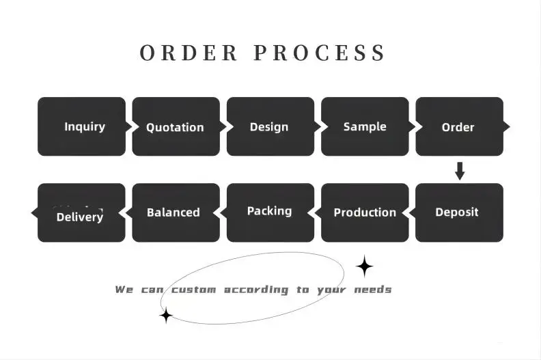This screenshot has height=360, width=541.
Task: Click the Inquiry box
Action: click(x=81, y=126)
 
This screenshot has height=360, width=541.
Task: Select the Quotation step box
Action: click(x=176, y=126)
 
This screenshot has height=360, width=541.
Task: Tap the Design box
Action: click(x=270, y=126)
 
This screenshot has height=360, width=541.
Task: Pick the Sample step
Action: click(x=365, y=126)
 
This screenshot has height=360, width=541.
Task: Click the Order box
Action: click(x=458, y=126)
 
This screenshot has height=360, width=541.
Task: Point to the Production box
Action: click(x=365, y=212)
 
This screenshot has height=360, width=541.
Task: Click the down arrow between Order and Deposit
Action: click(x=460, y=171)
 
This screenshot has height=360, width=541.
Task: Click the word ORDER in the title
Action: click(x=189, y=53)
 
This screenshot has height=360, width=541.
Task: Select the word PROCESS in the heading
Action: click(x=320, y=53)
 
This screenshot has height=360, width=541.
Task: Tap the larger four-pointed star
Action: click(x=365, y=266)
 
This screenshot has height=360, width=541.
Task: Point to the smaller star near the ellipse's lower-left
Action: click(x=165, y=316)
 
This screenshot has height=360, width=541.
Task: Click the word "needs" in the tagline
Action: click(x=374, y=290)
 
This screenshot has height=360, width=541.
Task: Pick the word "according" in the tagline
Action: click(x=256, y=290)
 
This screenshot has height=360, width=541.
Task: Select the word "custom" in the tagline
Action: click(x=193, y=290)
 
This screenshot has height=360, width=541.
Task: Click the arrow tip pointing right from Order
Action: click(x=507, y=126)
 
